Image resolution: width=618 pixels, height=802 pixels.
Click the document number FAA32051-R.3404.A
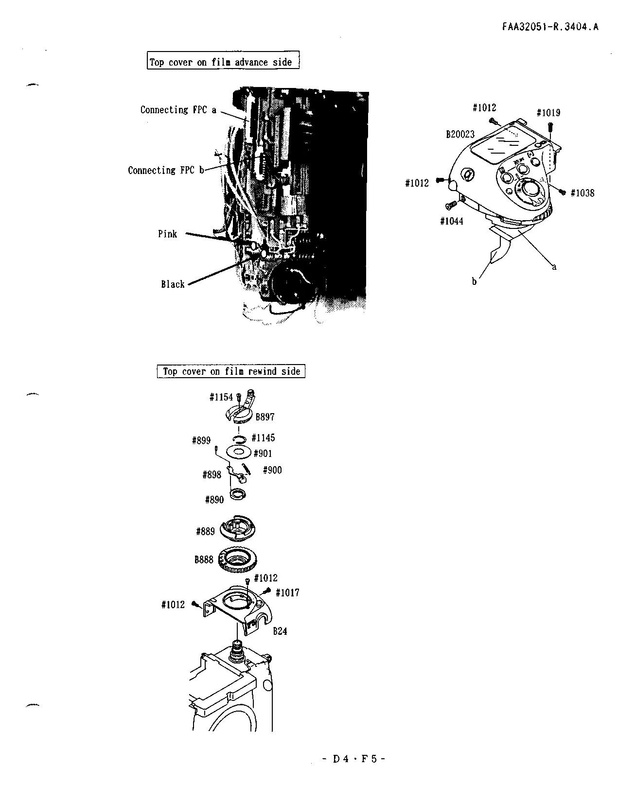pos(550,27)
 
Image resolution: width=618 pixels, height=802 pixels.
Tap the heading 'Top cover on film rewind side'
pos(231,371)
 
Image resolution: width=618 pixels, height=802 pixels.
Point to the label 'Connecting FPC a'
pos(178,110)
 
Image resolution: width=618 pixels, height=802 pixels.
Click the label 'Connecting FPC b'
pos(166,170)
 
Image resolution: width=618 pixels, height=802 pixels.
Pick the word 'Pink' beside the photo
pos(167,234)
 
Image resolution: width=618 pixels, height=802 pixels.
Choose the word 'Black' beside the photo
pos(173,284)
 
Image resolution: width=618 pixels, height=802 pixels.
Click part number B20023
pos(460,134)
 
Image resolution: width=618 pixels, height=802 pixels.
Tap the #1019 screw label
pos(548,113)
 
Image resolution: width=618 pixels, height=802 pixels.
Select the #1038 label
pos(583,193)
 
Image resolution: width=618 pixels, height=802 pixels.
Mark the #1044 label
pos(452,221)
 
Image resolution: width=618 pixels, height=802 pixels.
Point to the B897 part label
pos(265,417)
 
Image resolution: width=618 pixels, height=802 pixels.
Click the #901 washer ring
pos(239,452)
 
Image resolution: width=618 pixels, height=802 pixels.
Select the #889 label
pos(205,531)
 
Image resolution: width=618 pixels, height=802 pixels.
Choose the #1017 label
pos(287,593)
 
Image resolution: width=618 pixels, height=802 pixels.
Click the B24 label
pos(280,631)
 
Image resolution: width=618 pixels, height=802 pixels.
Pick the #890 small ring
pos(238,493)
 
